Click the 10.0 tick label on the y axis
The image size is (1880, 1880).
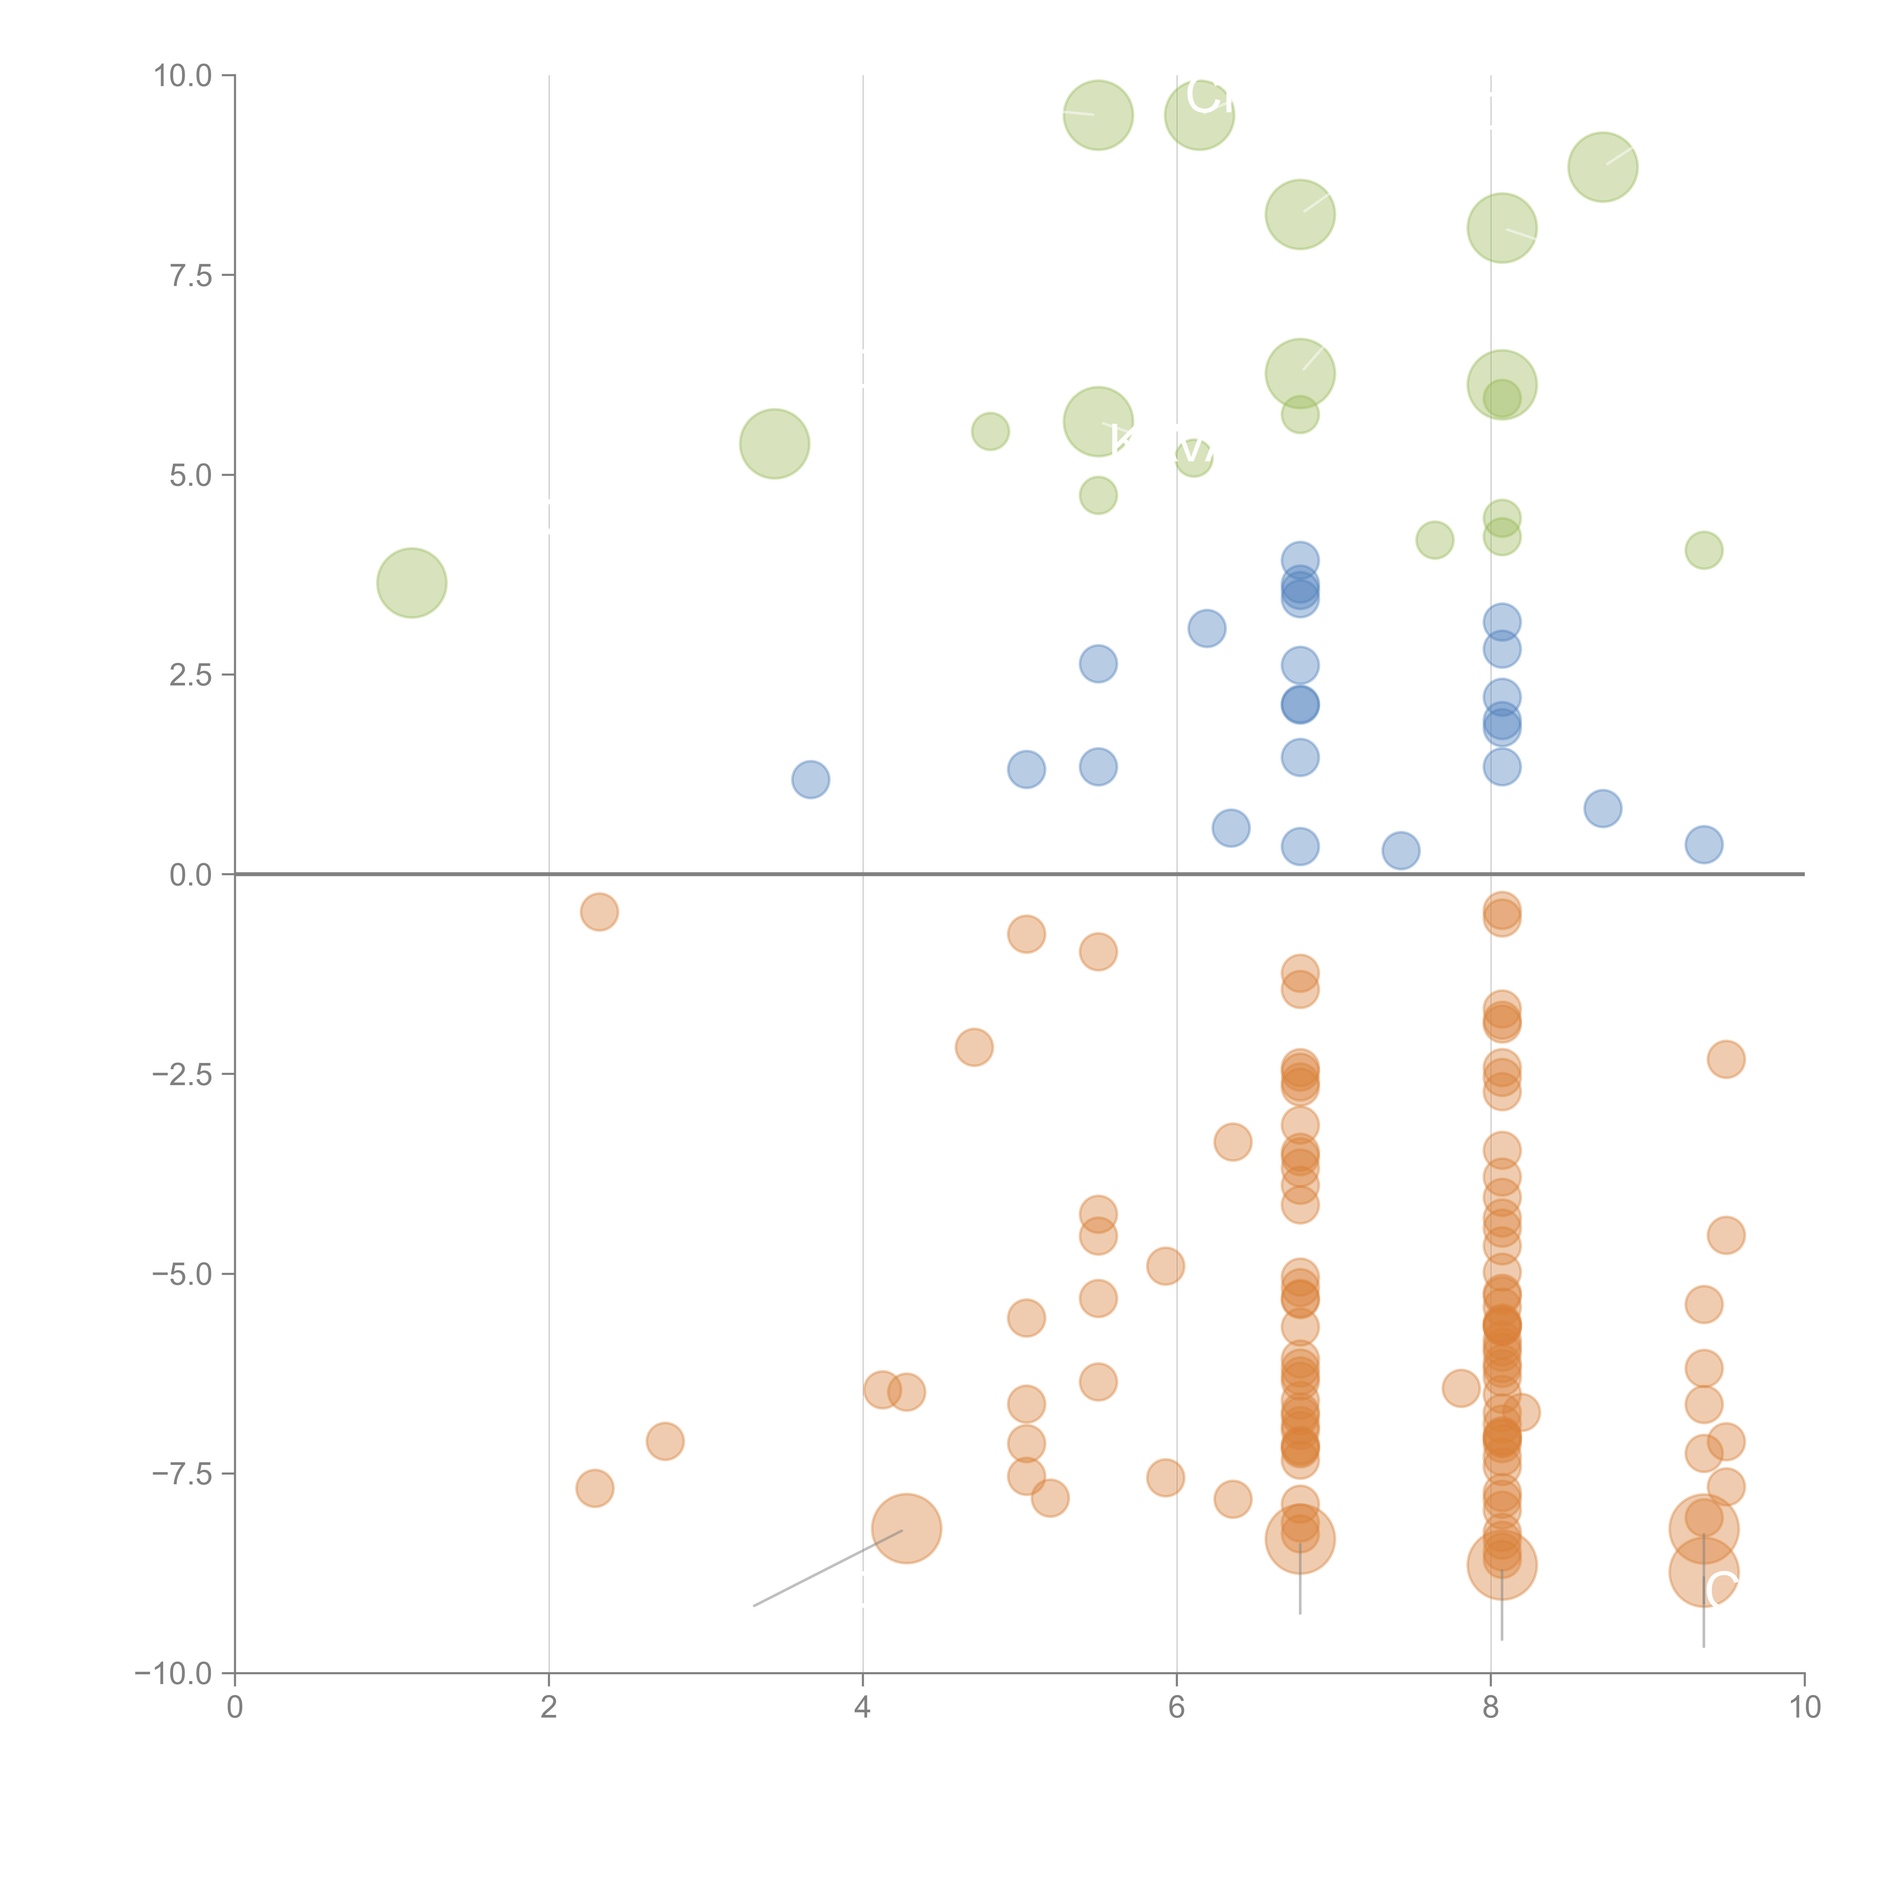pos(183,76)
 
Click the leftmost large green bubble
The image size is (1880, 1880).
pos(412,583)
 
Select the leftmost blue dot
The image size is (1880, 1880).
pos(811,779)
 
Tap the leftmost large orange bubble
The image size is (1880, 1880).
pos(906,1528)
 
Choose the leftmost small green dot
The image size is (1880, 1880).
pos(991,431)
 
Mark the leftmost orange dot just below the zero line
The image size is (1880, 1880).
pos(599,912)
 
